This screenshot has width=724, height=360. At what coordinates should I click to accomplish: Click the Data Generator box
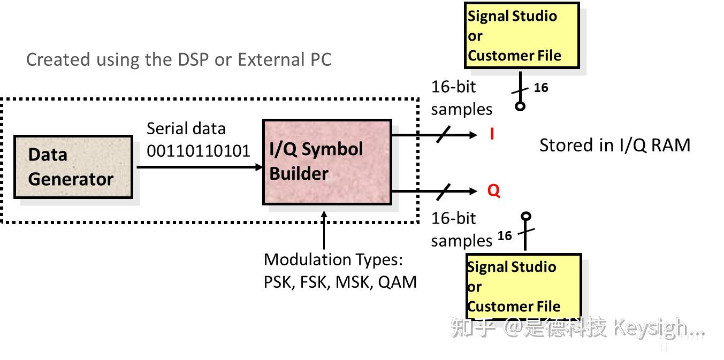point(73,167)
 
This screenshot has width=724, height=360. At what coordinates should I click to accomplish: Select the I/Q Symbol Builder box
point(327,162)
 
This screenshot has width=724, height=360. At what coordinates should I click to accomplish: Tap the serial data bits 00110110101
point(199,151)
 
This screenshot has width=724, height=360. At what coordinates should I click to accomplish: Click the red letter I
point(492,134)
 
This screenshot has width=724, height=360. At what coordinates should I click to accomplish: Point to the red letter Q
point(494,190)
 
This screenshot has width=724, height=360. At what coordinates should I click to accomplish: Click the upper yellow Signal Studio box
point(522,35)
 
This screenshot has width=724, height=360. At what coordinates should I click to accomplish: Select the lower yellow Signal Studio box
point(524,286)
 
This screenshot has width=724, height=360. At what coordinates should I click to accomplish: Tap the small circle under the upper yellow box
point(520,106)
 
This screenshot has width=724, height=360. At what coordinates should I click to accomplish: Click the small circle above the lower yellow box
point(526,216)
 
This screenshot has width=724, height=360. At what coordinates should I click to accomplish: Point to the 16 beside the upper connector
point(541,88)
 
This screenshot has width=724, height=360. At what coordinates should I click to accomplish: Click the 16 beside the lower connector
point(505,235)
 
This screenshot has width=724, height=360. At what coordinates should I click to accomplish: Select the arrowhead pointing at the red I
point(473,135)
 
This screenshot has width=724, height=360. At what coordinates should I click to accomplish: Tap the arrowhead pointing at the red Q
point(473,191)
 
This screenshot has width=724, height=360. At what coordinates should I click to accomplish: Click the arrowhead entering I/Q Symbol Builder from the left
point(259,167)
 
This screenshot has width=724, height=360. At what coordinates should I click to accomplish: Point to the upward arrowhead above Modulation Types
point(324,215)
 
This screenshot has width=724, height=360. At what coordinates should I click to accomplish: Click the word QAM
point(397,282)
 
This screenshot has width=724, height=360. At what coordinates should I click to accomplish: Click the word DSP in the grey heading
point(190,59)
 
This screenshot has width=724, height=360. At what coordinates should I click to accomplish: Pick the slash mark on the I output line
point(443,134)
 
